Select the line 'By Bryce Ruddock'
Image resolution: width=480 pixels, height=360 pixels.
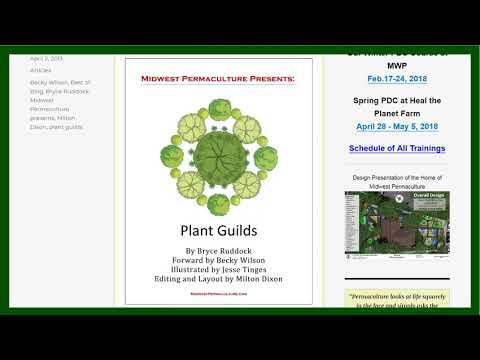(x=218, y=250)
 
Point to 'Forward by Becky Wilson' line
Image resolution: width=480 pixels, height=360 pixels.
(x=218, y=260)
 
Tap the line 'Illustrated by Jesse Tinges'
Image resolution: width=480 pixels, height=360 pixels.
(x=218, y=270)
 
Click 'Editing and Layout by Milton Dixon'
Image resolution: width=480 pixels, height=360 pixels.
(x=218, y=280)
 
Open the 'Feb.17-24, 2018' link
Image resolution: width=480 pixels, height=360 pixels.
(x=397, y=78)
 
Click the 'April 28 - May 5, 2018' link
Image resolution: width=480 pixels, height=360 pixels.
(x=397, y=127)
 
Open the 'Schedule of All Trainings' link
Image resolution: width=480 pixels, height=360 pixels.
(x=397, y=149)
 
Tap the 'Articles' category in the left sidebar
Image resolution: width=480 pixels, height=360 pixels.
(x=41, y=70)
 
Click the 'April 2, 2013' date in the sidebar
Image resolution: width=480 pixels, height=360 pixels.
(x=47, y=58)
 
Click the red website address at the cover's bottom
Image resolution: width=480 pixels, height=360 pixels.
(x=217, y=295)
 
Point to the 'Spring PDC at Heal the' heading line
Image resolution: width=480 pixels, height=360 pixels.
(x=397, y=102)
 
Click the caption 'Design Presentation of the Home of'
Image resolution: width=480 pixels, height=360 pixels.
(x=397, y=176)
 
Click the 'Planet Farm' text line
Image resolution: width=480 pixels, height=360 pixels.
(x=397, y=114)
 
